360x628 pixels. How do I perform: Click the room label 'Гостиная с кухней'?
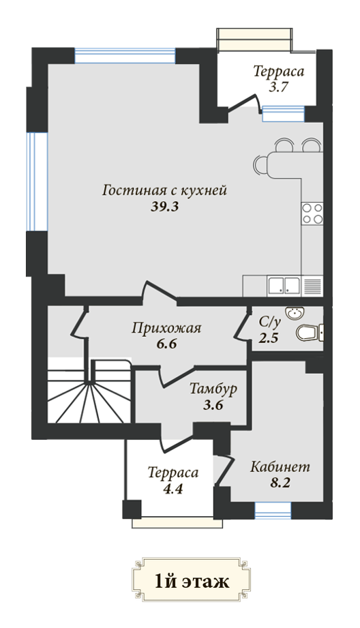tap(164, 190)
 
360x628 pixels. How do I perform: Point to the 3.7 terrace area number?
tap(278, 87)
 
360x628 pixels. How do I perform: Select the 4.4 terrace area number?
tap(172, 489)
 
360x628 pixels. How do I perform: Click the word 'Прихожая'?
tap(166, 328)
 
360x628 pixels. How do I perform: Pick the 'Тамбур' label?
tap(213, 389)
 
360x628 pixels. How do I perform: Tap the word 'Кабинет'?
tap(280, 467)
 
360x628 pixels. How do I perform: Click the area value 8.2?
tap(280, 483)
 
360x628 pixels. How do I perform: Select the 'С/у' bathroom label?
tap(269, 321)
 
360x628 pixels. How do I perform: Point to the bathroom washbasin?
tap(295, 313)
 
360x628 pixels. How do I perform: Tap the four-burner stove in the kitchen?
tap(312, 213)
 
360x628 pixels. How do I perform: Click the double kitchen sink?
tap(284, 286)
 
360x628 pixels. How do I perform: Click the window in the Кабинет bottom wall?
tap(273, 510)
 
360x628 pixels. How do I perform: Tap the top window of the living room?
tap(125, 56)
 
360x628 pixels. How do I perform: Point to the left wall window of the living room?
tap(37, 182)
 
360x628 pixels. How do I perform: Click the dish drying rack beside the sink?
tap(312, 286)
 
